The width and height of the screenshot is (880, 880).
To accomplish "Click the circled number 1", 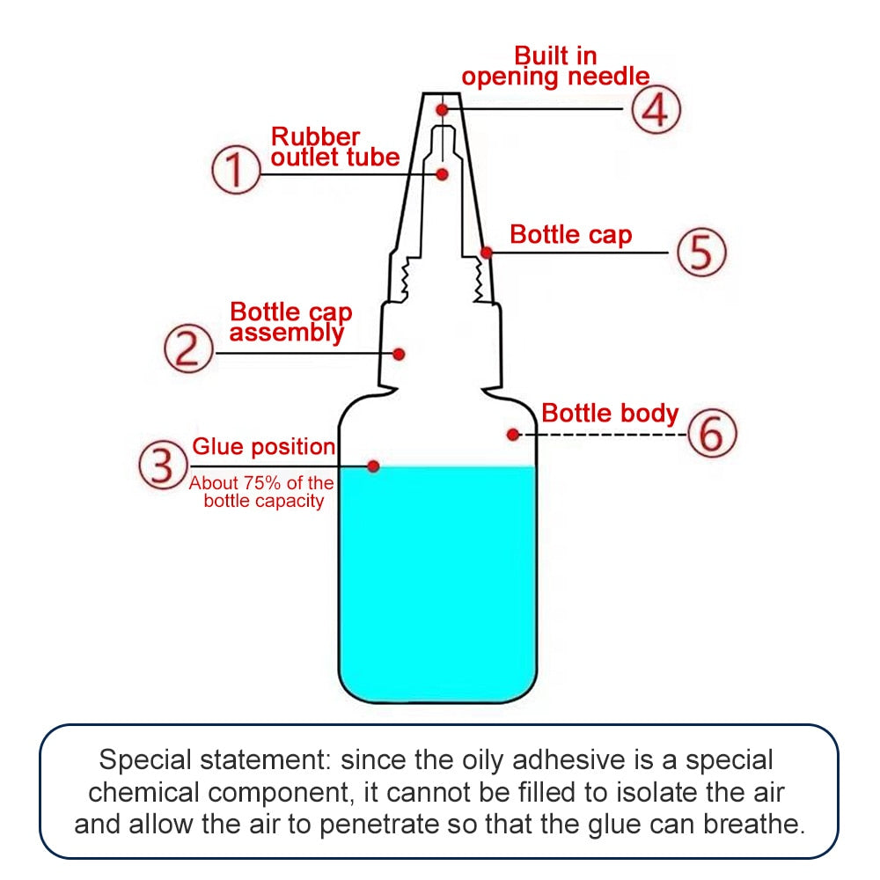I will [237, 171].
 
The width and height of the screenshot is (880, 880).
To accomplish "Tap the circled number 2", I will [189, 349].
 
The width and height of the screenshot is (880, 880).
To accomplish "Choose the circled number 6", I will [711, 433].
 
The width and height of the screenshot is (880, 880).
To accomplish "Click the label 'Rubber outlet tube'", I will [334, 148].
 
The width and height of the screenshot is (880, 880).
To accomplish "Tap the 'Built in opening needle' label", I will [555, 67].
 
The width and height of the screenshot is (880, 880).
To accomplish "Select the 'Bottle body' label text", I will [610, 414].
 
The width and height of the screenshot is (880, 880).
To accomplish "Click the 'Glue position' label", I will [263, 447].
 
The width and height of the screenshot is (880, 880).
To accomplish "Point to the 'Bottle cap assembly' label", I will [290, 322].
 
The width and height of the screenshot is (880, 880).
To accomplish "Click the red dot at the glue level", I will [373, 466].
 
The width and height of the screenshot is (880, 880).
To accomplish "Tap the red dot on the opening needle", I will [443, 109].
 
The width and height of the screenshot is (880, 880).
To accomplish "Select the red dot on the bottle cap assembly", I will [399, 354].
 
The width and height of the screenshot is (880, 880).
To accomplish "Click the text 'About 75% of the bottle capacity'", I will [263, 492].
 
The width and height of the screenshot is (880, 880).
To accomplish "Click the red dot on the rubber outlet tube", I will [443, 174].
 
